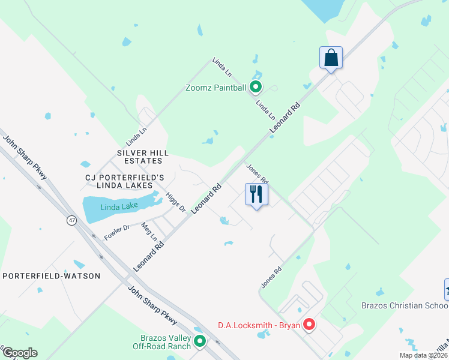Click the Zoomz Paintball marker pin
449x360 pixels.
(x=256, y=88)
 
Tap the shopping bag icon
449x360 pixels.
(x=331, y=58)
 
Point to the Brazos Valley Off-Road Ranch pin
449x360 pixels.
(x=200, y=341)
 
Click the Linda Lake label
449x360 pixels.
(x=119, y=206)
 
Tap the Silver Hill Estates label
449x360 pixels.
(x=140, y=157)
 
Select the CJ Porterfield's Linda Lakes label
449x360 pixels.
(x=125, y=183)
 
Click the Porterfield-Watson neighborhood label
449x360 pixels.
(x=51, y=275)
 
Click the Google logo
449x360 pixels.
(x=20, y=353)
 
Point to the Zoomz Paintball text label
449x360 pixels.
(x=215, y=88)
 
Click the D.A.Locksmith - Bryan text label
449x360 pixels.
(x=259, y=326)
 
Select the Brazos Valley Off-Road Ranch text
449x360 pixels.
(x=162, y=342)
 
